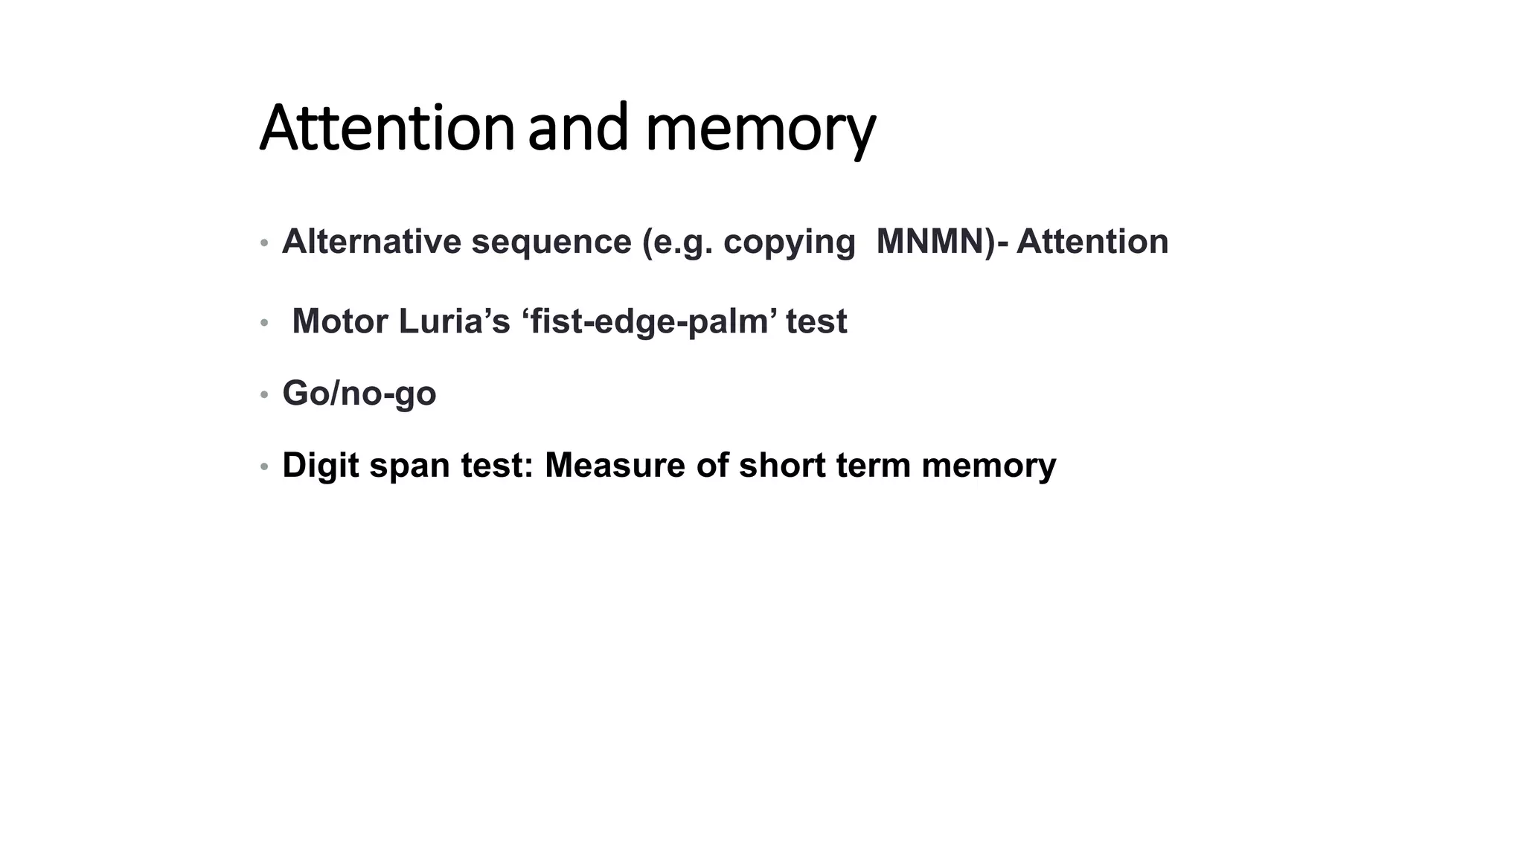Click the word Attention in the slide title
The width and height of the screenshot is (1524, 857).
[x=387, y=129]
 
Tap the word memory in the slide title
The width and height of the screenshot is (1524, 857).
[x=761, y=130]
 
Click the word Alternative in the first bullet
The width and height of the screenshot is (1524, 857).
[x=371, y=242]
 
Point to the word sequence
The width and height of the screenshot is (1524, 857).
[x=551, y=242]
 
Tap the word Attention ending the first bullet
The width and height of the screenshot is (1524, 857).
[x=1092, y=242]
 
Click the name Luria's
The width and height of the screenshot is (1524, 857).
[x=455, y=321]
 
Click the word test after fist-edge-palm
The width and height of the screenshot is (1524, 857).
[x=816, y=321]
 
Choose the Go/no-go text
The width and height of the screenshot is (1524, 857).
[x=359, y=394]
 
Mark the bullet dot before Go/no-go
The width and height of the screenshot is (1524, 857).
[x=264, y=394]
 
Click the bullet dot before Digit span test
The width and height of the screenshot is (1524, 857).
[x=264, y=467]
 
